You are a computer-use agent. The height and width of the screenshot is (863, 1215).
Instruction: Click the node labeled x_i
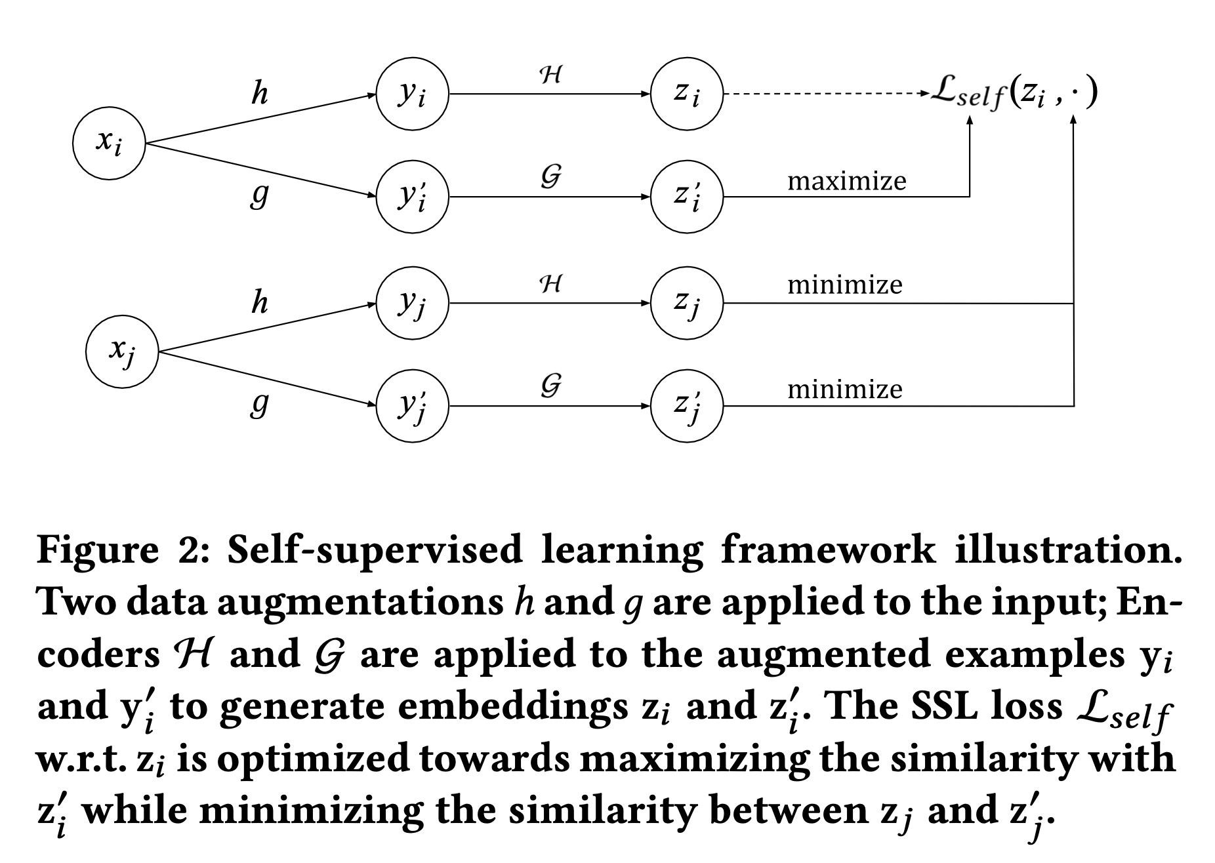pos(108,144)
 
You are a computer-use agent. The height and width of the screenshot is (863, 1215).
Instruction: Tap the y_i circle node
pos(412,94)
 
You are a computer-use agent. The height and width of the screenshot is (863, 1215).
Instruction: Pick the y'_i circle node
pos(412,197)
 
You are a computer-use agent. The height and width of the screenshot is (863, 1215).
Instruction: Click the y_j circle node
pos(412,303)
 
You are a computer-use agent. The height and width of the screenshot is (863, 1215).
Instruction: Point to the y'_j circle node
pos(412,406)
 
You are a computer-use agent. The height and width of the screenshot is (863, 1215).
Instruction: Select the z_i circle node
pos(686,94)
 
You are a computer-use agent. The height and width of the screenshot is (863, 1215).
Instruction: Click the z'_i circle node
pos(686,197)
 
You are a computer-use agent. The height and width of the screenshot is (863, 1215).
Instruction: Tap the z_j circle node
pos(686,303)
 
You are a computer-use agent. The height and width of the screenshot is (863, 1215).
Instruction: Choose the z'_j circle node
pos(686,406)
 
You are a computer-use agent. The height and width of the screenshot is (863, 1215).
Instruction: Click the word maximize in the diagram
pos(846,181)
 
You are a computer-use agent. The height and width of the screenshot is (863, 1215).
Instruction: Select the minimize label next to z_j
pos(844,285)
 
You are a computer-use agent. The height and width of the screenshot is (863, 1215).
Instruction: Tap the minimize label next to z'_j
pos(844,390)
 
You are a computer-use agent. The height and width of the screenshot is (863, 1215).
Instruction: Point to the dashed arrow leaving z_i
pos(827,94)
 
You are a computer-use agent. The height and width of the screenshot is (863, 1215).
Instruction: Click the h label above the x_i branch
pos(260,94)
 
